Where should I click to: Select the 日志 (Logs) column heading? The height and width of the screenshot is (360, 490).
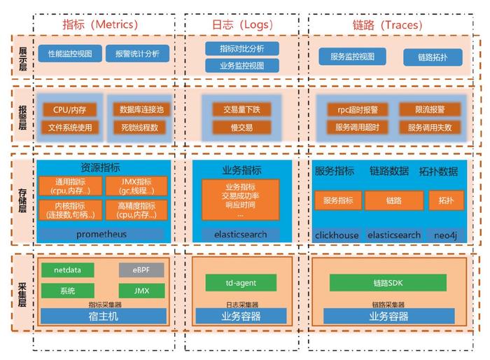[x=237, y=25]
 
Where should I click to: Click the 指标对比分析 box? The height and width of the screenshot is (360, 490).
[x=242, y=48]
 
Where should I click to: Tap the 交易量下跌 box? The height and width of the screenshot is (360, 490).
[x=241, y=110]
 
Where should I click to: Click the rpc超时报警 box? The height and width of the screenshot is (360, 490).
[x=357, y=110]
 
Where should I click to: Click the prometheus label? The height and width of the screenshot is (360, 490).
[x=102, y=234]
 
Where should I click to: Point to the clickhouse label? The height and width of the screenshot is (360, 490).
[x=337, y=235]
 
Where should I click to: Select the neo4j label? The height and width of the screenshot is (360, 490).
[x=445, y=235]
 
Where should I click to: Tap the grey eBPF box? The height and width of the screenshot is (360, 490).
[x=141, y=270]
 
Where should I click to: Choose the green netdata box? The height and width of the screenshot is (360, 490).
[x=68, y=270]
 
